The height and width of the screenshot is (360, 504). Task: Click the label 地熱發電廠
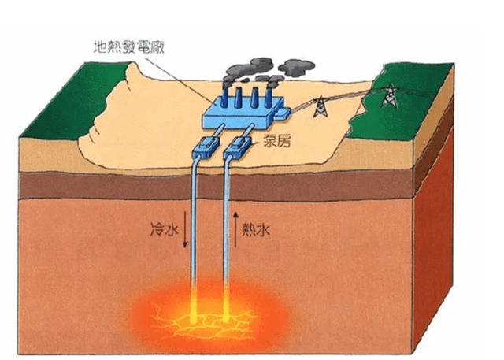129,47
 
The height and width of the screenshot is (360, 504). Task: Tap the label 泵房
276,140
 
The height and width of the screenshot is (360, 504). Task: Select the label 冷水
165,230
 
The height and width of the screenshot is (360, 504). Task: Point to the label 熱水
255,230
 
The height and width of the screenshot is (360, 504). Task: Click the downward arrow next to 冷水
185,229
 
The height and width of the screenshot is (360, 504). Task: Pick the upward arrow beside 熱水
235,229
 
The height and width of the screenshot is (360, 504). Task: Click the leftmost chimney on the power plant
224,98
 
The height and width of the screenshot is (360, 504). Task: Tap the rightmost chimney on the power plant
269,98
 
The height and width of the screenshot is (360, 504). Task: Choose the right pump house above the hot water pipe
237,147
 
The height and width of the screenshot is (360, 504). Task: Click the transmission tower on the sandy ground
321,106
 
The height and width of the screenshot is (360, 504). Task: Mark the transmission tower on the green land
390,95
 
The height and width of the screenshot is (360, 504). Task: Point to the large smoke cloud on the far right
296,68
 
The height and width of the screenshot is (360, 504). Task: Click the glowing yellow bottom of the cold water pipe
194,306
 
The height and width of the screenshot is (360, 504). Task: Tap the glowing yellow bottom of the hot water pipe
226,305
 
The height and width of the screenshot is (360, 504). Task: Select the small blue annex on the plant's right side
283,113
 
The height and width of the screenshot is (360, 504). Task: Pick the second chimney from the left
239,98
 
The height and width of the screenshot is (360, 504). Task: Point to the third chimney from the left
254,98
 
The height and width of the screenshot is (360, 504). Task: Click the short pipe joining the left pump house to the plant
219,131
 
